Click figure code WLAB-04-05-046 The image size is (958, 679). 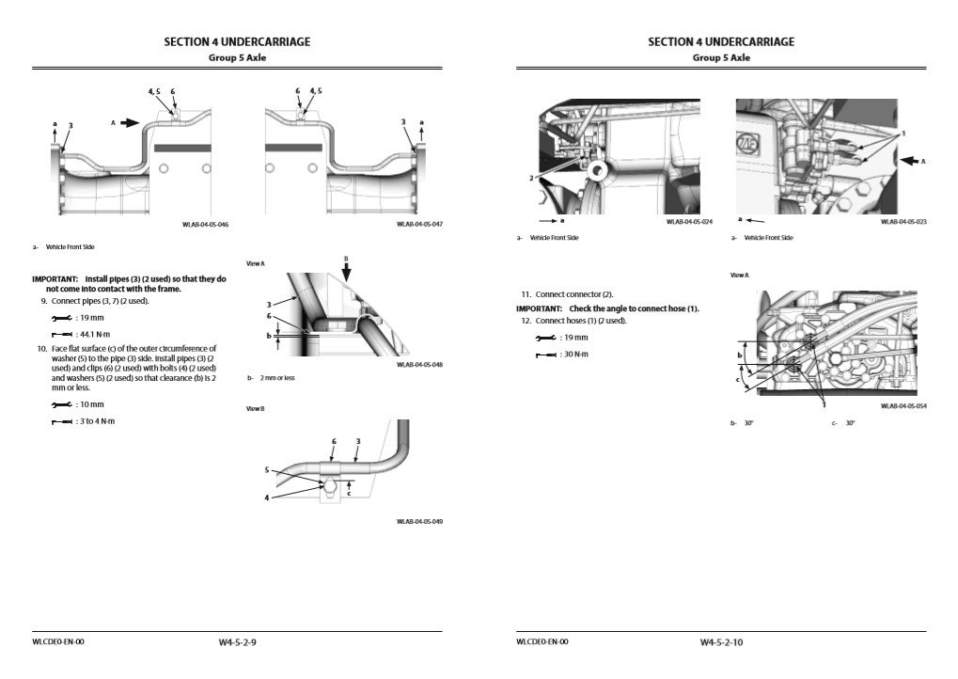[x=206, y=225]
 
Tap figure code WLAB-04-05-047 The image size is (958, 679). [x=419, y=225]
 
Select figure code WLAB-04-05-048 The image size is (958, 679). [x=419, y=365]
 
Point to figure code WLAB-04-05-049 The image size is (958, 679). [x=419, y=521]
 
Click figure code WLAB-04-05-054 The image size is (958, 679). [x=903, y=406]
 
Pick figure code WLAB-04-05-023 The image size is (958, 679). [x=903, y=222]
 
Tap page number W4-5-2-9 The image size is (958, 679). [x=237, y=642]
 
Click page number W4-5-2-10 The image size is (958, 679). [x=721, y=642]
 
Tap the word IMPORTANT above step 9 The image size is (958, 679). [x=55, y=279]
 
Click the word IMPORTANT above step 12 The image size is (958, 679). [x=539, y=308]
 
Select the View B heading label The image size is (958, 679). [x=255, y=409]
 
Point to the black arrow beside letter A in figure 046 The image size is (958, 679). [x=129, y=122]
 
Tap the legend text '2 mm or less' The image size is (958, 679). [x=278, y=378]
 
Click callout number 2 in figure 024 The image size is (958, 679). [x=532, y=177]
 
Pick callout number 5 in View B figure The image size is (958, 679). [x=266, y=469]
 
